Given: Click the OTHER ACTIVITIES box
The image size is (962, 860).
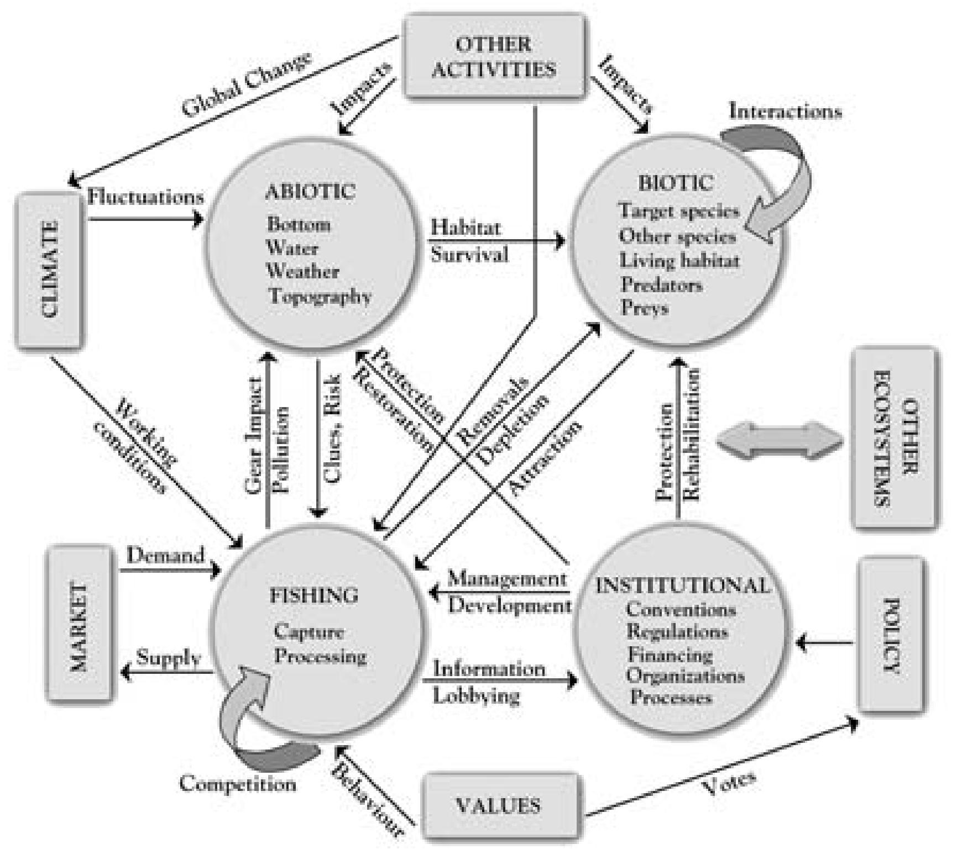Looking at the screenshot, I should click(x=494, y=57).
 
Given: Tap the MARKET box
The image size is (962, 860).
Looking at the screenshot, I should click(x=79, y=625).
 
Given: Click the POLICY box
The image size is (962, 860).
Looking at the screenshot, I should click(x=891, y=635).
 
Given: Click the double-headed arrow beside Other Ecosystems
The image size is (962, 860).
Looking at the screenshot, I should click(x=780, y=440).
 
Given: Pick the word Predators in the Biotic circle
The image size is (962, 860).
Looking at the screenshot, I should click(x=661, y=284).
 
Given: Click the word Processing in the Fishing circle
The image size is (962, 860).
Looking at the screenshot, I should click(x=321, y=656).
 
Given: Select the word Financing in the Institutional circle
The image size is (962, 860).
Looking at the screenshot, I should click(x=670, y=655).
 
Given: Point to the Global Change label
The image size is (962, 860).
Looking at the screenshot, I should click(x=246, y=86).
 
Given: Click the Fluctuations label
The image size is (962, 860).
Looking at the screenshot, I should click(x=146, y=197).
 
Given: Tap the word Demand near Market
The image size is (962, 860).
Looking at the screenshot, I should click(x=165, y=555).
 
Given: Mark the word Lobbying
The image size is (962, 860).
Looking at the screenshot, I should click(x=475, y=695).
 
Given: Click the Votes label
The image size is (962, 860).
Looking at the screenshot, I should click(x=728, y=783).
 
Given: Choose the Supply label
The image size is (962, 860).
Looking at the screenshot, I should click(x=168, y=658).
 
